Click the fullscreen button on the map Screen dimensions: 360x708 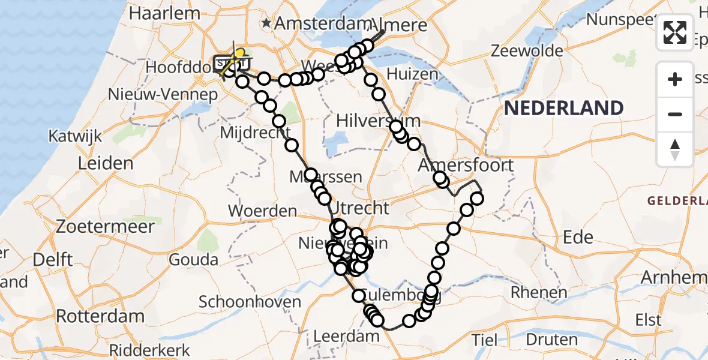coord(675,32)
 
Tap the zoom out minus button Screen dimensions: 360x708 coord(675,114)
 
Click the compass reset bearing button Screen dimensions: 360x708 coord(675,149)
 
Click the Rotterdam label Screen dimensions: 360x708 coord(100,316)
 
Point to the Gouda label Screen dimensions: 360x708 coord(193,260)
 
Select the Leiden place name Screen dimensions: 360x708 coord(105,163)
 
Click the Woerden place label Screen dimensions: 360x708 coord(263,211)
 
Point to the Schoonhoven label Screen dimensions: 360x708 coord(250,301)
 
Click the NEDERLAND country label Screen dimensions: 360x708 coord(563,109)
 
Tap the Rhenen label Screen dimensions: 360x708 coord(539,293)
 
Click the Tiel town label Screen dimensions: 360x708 coord(485,340)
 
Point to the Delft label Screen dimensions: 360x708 coord(53,260)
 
